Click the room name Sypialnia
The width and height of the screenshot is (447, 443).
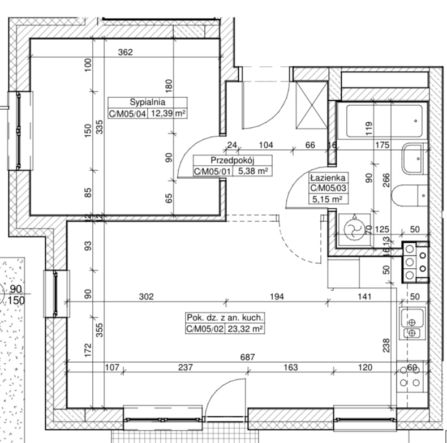point(147,102)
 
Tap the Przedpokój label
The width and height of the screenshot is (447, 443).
point(233,160)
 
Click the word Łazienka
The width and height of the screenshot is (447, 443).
point(328,178)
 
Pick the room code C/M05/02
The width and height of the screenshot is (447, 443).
point(204,329)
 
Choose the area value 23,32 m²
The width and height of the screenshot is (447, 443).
point(244,329)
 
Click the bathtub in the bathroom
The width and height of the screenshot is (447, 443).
point(384,121)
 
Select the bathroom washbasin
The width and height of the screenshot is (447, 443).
point(412,158)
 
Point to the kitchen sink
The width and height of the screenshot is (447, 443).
point(412,323)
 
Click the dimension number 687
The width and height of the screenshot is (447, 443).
point(247,357)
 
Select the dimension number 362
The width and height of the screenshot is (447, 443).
point(126,52)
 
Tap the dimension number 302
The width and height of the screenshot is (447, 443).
point(146,296)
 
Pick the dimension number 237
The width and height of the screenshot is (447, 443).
point(186,367)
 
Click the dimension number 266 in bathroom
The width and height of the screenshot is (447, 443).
point(386,180)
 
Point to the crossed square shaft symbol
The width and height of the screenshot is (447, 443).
point(312,105)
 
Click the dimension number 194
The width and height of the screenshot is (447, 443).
point(277,296)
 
